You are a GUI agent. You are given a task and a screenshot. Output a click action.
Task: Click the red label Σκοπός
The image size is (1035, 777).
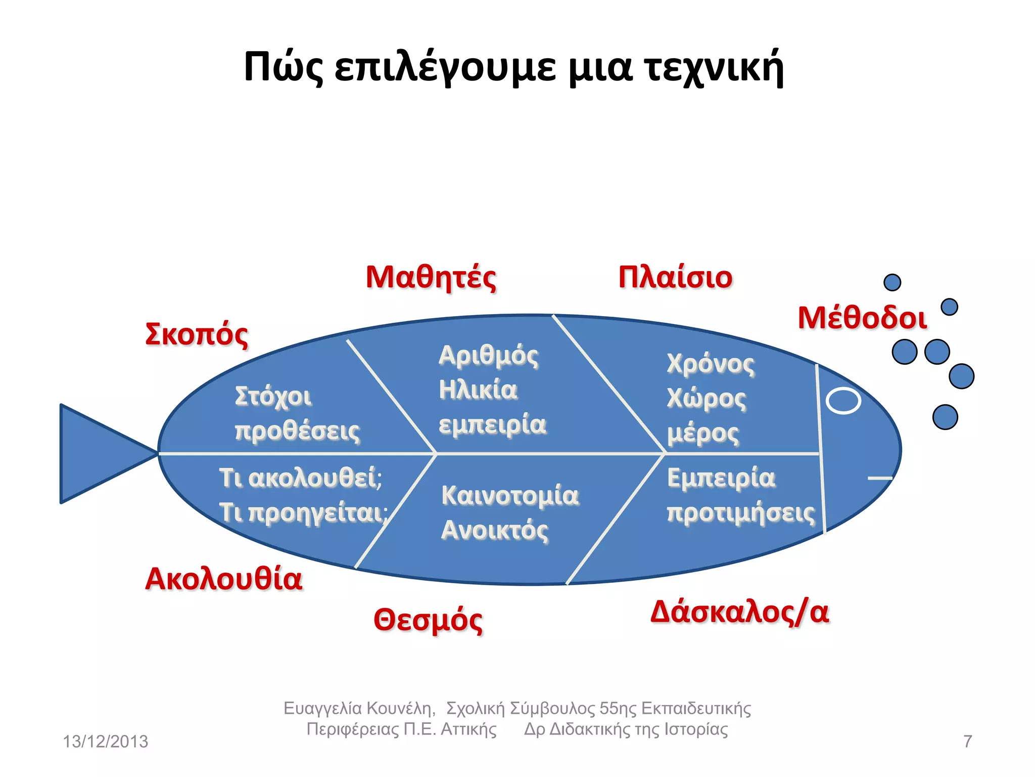[x=197, y=334]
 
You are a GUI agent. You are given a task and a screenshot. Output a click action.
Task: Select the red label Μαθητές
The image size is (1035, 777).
[x=431, y=277]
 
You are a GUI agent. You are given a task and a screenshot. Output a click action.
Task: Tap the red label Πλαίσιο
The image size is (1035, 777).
[x=675, y=277]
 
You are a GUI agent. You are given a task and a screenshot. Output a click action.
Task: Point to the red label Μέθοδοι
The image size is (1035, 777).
[x=862, y=318]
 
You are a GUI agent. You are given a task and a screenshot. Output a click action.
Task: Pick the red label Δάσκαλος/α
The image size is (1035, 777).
[x=739, y=612]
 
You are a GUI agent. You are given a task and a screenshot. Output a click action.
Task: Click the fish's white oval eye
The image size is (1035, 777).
[x=843, y=401]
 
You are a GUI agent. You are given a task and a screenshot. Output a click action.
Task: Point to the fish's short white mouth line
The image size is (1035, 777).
[x=880, y=478]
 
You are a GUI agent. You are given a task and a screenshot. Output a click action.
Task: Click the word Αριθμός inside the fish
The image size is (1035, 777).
[x=488, y=355]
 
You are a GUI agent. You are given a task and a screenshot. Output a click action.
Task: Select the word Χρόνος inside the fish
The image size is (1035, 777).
[x=711, y=364]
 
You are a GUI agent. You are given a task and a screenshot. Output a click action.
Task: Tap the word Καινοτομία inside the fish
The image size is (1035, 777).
[x=510, y=495]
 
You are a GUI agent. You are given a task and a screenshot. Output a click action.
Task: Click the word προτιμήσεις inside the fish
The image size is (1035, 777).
[x=741, y=513]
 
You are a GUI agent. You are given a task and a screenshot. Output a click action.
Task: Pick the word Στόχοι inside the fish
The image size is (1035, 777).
[x=273, y=397]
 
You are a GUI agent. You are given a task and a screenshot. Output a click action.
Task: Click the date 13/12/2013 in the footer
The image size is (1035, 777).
[x=105, y=742]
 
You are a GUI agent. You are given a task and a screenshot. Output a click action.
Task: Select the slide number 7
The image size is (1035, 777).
[x=967, y=742]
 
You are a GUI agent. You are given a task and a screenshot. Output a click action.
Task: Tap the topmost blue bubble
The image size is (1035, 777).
[x=892, y=282]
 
